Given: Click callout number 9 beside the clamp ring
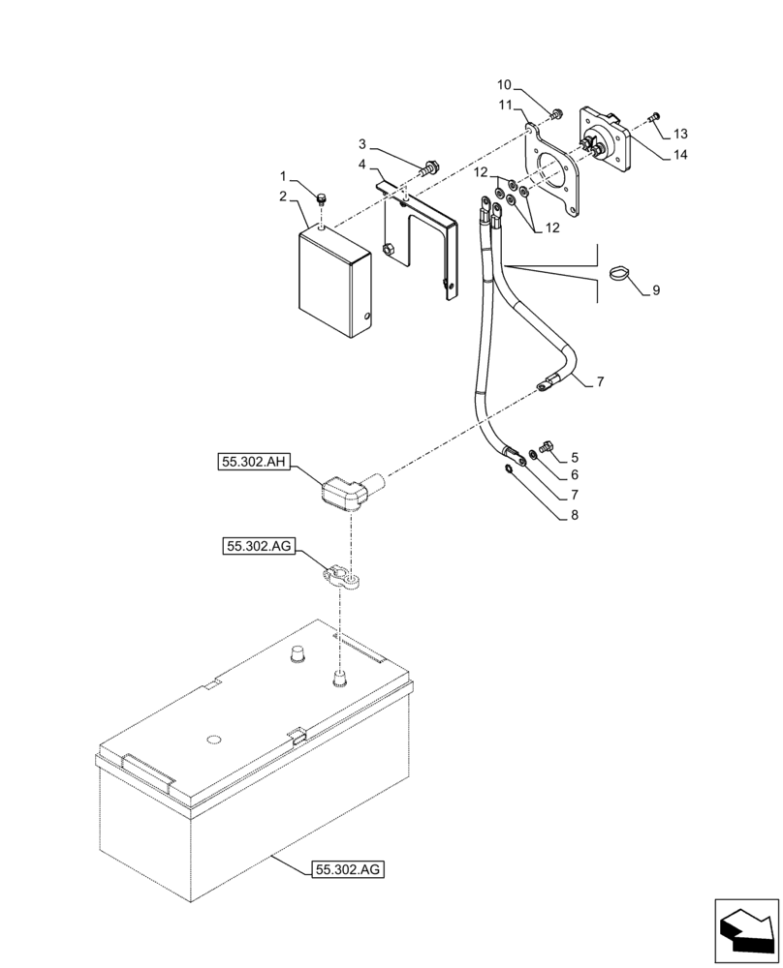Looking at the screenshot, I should click(656, 289).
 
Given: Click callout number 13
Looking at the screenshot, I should click(680, 133).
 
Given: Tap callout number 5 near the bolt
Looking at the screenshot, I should click(575, 456).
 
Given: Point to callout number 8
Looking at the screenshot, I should click(575, 516).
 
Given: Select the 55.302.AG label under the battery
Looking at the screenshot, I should click(349, 869).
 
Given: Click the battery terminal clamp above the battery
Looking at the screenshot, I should click(343, 579).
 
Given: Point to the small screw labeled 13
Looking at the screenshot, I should click(654, 117).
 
